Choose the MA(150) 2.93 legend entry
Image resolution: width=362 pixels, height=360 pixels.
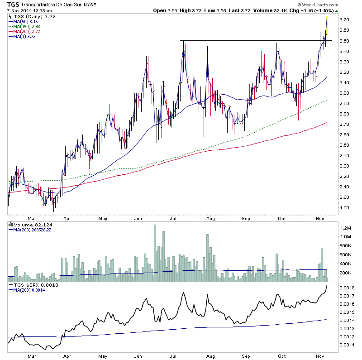coord(24,26)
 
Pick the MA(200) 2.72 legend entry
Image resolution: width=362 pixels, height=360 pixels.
coord(24,31)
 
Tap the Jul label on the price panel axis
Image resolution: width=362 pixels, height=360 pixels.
coord(174,218)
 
